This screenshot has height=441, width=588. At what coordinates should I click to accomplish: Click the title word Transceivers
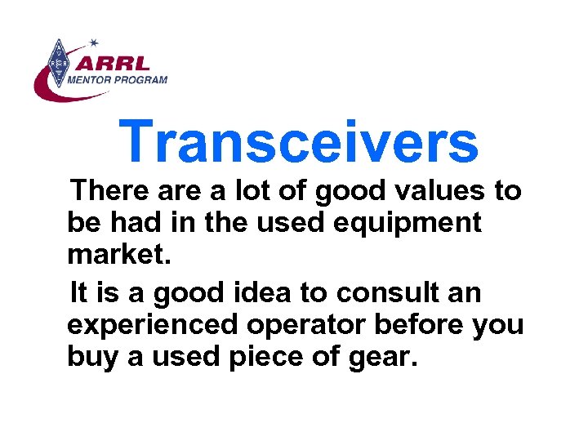298,141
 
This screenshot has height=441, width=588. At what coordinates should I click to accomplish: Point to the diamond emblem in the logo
58,63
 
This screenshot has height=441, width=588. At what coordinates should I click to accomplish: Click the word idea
265,292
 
